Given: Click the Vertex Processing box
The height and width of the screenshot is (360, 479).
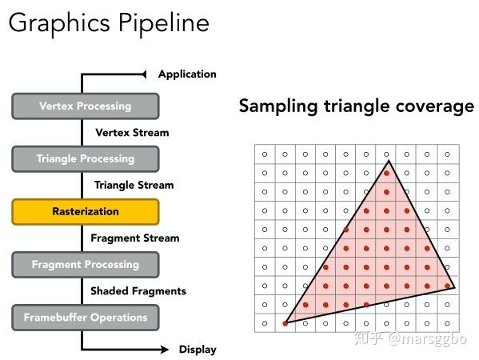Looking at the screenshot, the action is click(86, 106).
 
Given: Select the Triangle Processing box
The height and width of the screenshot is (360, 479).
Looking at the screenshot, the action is click(86, 159).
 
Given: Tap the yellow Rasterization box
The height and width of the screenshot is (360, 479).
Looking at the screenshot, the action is click(86, 212).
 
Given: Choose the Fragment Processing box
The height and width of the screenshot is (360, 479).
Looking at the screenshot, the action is click(86, 265).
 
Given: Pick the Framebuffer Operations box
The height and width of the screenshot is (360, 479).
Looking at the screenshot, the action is click(86, 318).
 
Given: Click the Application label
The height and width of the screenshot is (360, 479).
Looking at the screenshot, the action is click(187, 74).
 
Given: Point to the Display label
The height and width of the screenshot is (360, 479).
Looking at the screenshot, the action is click(198, 350).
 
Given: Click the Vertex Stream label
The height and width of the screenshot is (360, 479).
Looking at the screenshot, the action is click(132, 133).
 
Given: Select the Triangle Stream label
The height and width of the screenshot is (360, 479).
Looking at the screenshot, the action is click(134, 185).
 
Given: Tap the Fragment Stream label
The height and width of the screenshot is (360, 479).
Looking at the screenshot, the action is click(134, 238).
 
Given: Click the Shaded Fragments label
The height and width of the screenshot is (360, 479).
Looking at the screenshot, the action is click(138, 291).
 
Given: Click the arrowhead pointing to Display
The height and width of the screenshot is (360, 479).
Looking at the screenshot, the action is click(165, 350).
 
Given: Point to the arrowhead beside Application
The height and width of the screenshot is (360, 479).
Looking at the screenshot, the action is click(144, 74).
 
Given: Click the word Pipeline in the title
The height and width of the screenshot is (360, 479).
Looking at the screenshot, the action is click(164, 24).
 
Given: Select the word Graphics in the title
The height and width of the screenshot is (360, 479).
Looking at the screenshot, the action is click(59, 24).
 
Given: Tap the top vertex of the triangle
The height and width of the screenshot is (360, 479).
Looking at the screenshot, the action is click(389, 160).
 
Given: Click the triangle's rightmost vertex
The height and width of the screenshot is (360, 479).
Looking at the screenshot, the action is click(454, 287).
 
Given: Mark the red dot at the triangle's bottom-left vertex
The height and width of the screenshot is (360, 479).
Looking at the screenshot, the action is click(285, 324).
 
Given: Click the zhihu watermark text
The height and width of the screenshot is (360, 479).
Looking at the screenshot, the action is click(410, 338).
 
